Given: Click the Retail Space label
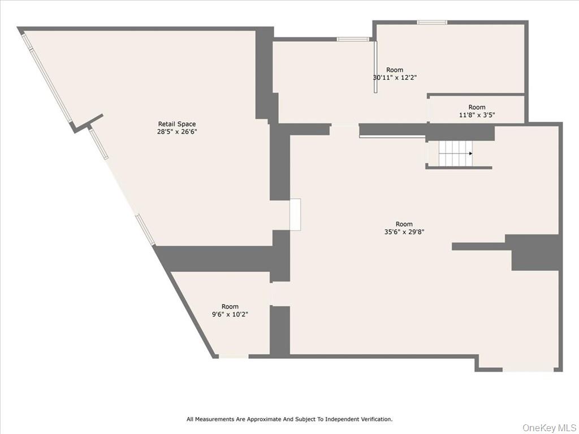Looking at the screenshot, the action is coord(177,124).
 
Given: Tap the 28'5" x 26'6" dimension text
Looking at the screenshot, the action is coord(177,132).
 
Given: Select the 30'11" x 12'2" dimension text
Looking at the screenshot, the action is coord(395,77).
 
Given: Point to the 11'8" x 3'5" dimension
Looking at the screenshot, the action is coord(477,115).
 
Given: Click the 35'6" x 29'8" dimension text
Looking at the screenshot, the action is coord(404,232).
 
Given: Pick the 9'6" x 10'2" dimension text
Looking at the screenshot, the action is coord(230,314).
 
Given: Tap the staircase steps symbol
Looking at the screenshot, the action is coord(456,154).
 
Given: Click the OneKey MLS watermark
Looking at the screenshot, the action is coord(549,428).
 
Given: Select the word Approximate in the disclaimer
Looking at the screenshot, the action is coord(263,419).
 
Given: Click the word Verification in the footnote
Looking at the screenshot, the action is coord(377,419).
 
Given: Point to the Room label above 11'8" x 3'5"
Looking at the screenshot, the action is coord(477,107).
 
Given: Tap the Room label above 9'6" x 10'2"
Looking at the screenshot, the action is coord(230,306).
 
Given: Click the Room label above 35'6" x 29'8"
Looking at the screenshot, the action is coord(404,224).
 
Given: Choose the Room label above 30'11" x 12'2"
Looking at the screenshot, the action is coord(395,70).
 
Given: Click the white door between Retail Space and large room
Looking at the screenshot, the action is coord(295,215).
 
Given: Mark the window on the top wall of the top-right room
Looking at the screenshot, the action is coord(432,22).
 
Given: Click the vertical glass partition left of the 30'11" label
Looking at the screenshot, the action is coord(375,67).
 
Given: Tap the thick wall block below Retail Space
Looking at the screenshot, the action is coord(218,259).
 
